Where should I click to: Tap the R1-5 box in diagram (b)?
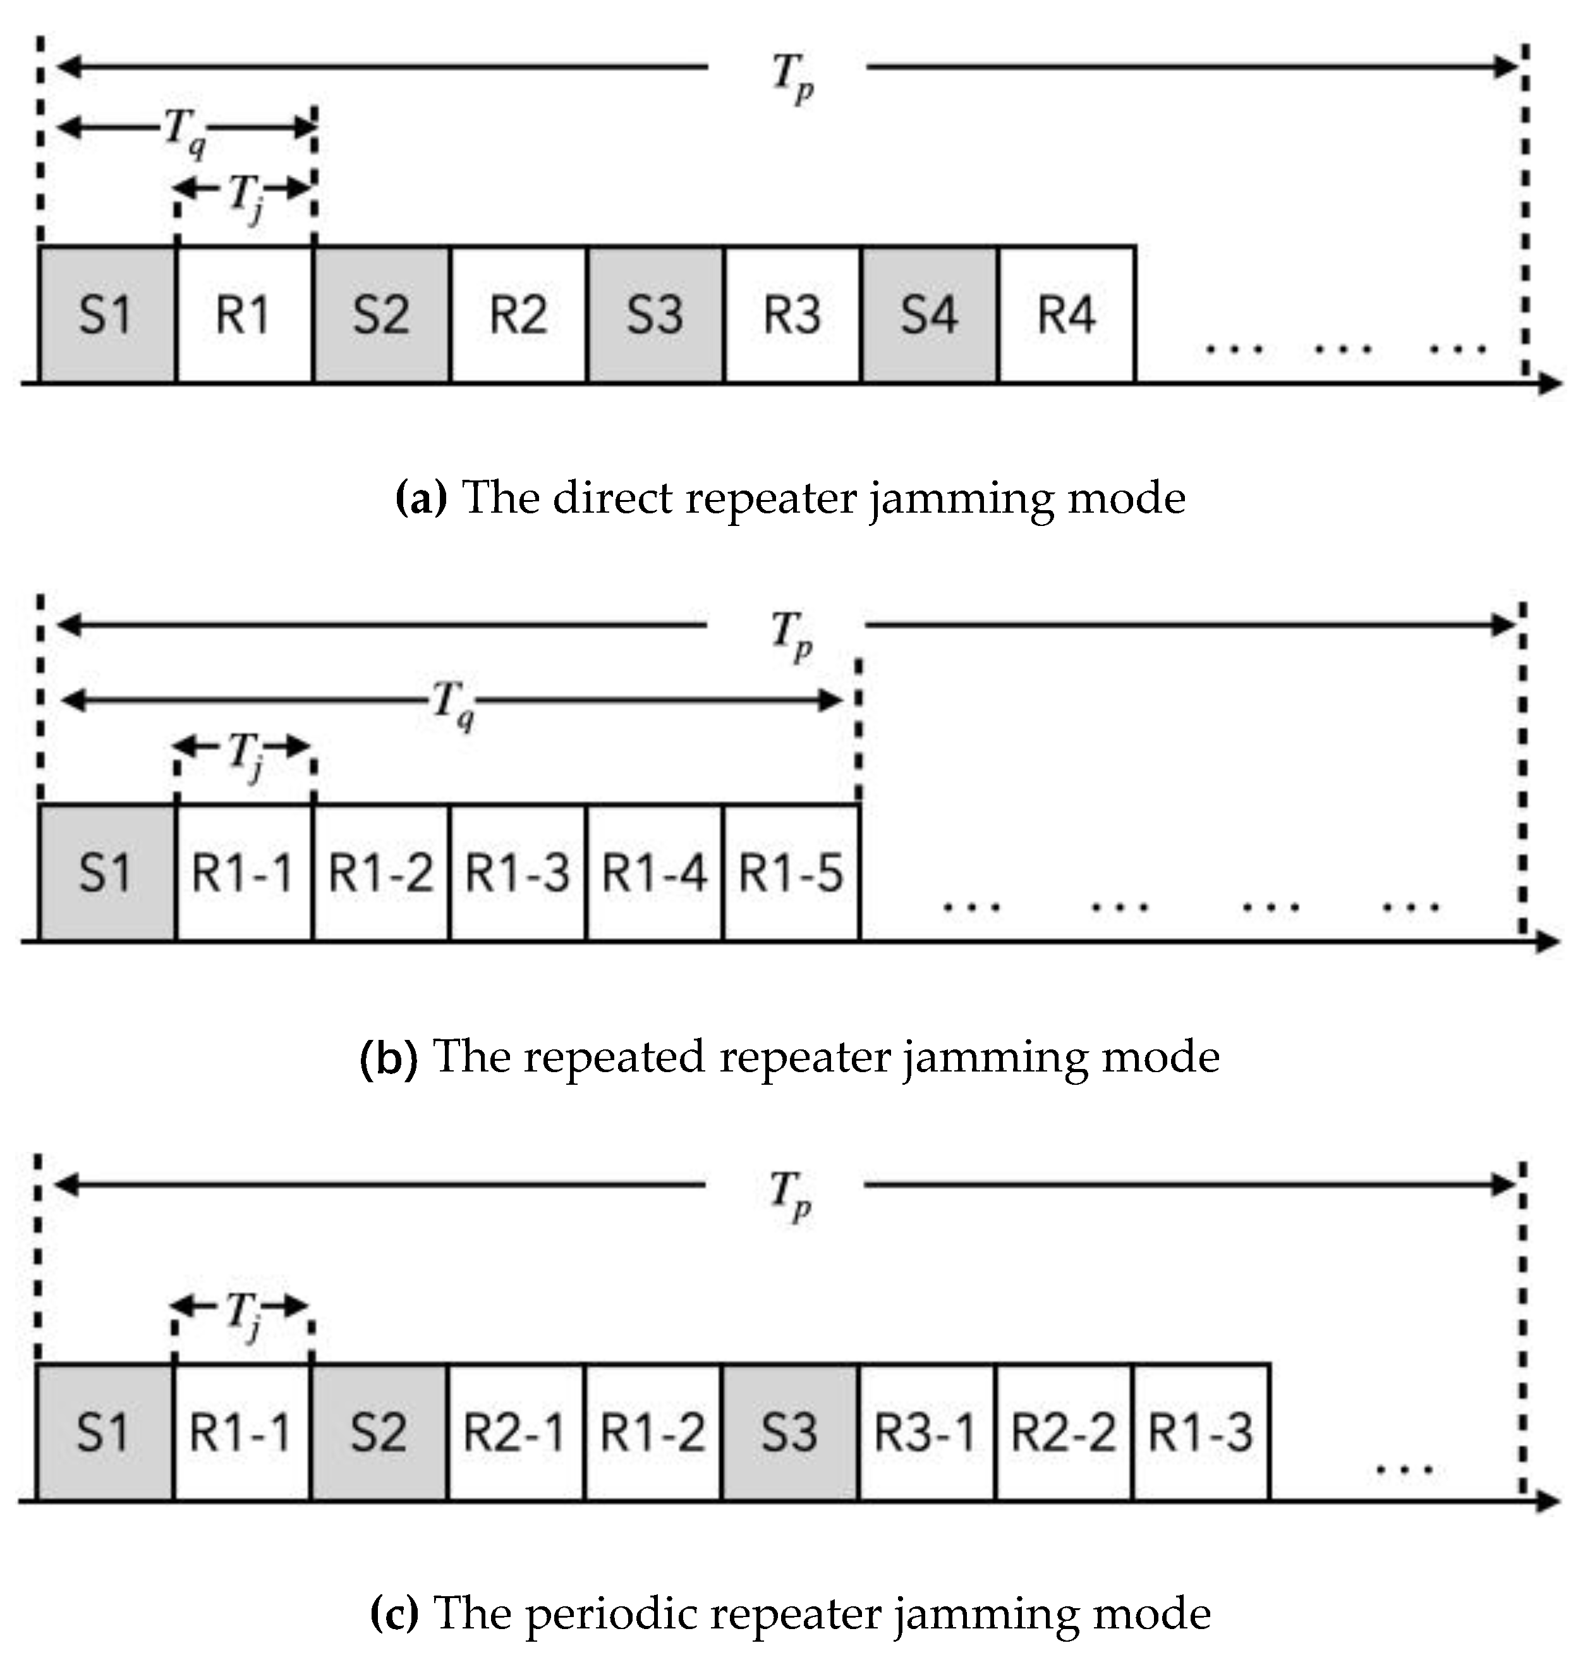791,872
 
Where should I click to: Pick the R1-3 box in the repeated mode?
518,872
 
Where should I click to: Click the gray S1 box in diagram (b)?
106,872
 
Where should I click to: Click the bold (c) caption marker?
394,1613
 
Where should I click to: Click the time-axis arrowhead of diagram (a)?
1550,384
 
